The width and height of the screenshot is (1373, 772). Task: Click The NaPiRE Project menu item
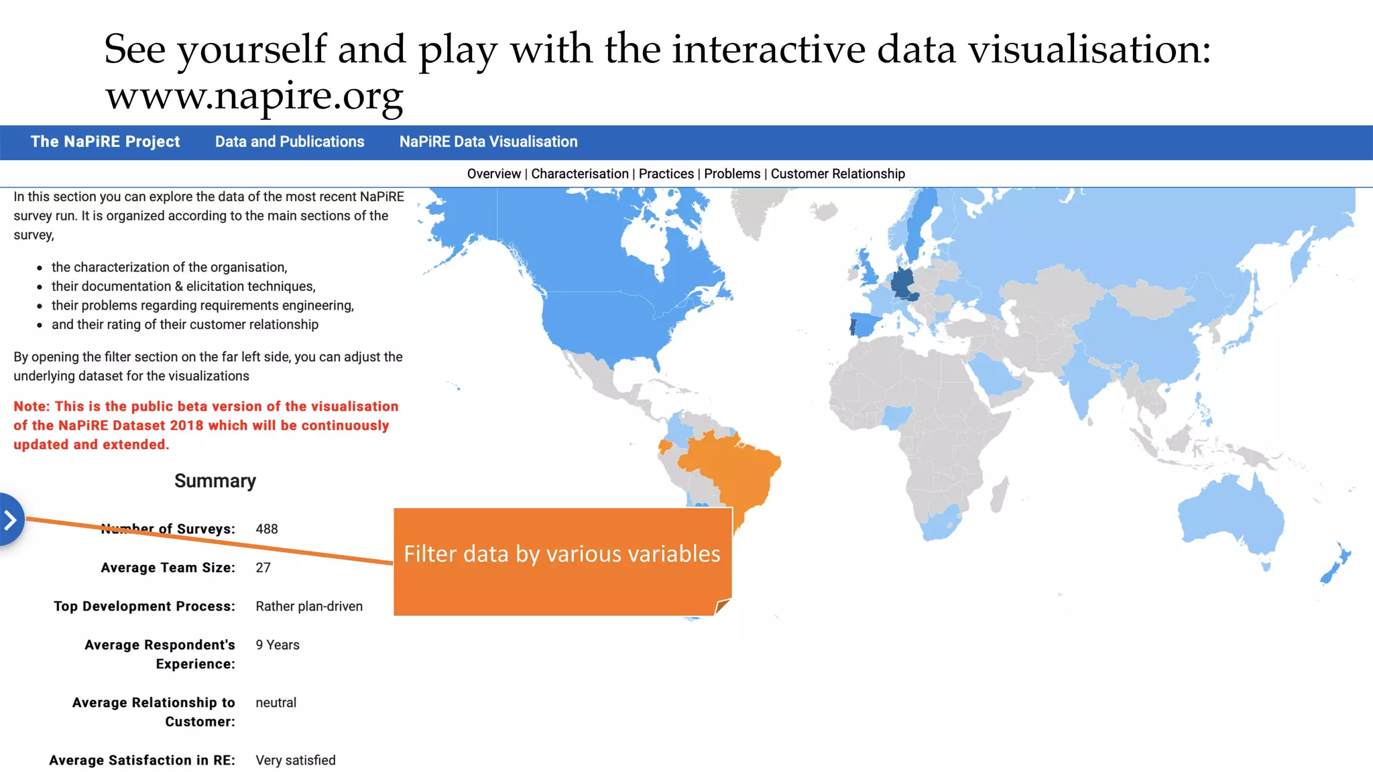pyautogui.click(x=105, y=141)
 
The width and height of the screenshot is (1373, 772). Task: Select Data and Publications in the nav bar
pyautogui.click(x=290, y=141)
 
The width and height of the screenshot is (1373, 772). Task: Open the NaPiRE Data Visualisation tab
pyautogui.click(x=488, y=141)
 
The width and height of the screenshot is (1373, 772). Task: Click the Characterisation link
pyautogui.click(x=580, y=174)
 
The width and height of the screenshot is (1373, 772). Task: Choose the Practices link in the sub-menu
pyautogui.click(x=666, y=174)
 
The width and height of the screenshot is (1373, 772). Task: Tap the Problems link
pyautogui.click(x=732, y=174)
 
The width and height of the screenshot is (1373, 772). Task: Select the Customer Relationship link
pyautogui.click(x=837, y=174)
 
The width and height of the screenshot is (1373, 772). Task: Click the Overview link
pyautogui.click(x=493, y=174)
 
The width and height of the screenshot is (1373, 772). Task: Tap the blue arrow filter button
pyautogui.click(x=11, y=519)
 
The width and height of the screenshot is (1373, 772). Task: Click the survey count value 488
pyautogui.click(x=267, y=529)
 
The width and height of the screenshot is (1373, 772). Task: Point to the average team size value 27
pyautogui.click(x=263, y=568)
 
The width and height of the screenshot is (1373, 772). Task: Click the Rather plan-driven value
pyautogui.click(x=309, y=606)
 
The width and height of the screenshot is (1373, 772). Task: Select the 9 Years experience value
pyautogui.click(x=278, y=645)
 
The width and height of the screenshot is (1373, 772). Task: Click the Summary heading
pyautogui.click(x=215, y=481)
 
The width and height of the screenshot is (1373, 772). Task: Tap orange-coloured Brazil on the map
pyautogui.click(x=737, y=469)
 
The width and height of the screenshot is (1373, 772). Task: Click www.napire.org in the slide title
pyautogui.click(x=254, y=96)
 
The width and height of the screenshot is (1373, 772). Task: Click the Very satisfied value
pyautogui.click(x=296, y=760)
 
